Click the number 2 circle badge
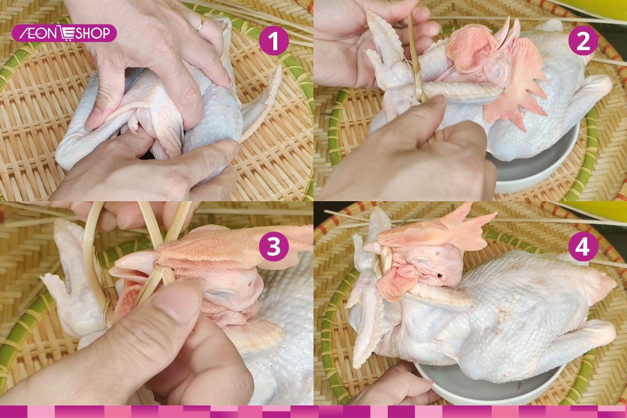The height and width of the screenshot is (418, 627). tap(583, 40)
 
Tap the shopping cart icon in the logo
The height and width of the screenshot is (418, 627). tap(68, 33)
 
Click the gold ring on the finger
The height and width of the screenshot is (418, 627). tap(201, 22)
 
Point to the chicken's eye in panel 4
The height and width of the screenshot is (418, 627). tap(439, 275)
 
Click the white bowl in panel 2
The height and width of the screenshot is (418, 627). tap(538, 162)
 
